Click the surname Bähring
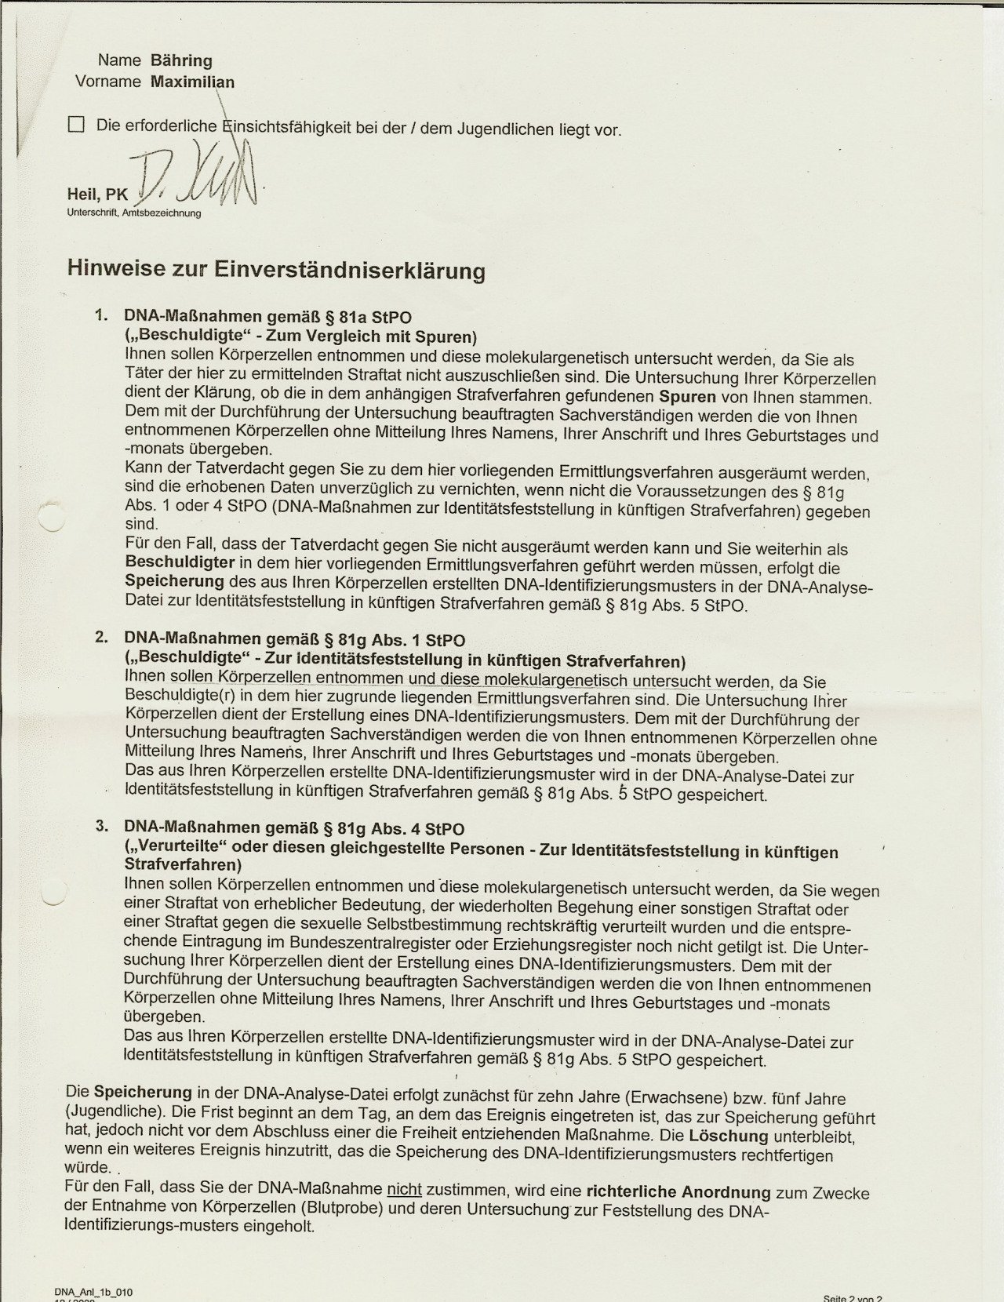pos(180,60)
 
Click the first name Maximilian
pos(192,82)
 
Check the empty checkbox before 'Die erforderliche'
pos(76,124)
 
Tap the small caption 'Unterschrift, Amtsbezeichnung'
pos(134,213)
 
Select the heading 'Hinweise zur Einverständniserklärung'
pos(276,270)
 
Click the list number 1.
pos(100,315)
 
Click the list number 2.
pos(101,637)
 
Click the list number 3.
pos(101,826)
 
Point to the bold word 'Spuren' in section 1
pos(687,397)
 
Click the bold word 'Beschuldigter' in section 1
pos(180,562)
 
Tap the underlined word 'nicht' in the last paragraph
pos(405,1190)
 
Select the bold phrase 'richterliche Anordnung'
pos(678,1192)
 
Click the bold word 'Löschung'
pos(729,1136)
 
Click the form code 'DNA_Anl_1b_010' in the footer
pos(88,1291)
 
